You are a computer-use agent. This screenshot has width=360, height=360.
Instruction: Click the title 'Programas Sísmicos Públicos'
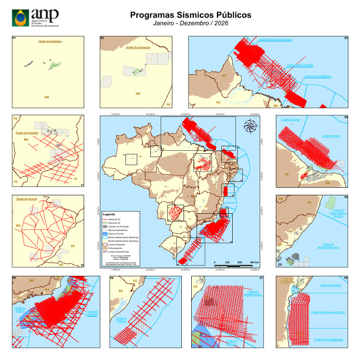click(x=191, y=15)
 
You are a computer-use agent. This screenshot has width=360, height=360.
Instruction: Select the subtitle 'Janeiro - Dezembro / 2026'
click(x=191, y=23)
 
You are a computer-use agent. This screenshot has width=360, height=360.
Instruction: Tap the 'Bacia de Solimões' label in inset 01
click(x=49, y=42)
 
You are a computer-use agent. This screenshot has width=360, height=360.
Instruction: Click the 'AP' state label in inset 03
click(x=224, y=75)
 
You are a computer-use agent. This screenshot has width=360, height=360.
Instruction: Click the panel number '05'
click(x=346, y=197)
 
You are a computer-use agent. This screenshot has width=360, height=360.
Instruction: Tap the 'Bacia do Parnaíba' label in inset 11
click(x=28, y=133)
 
